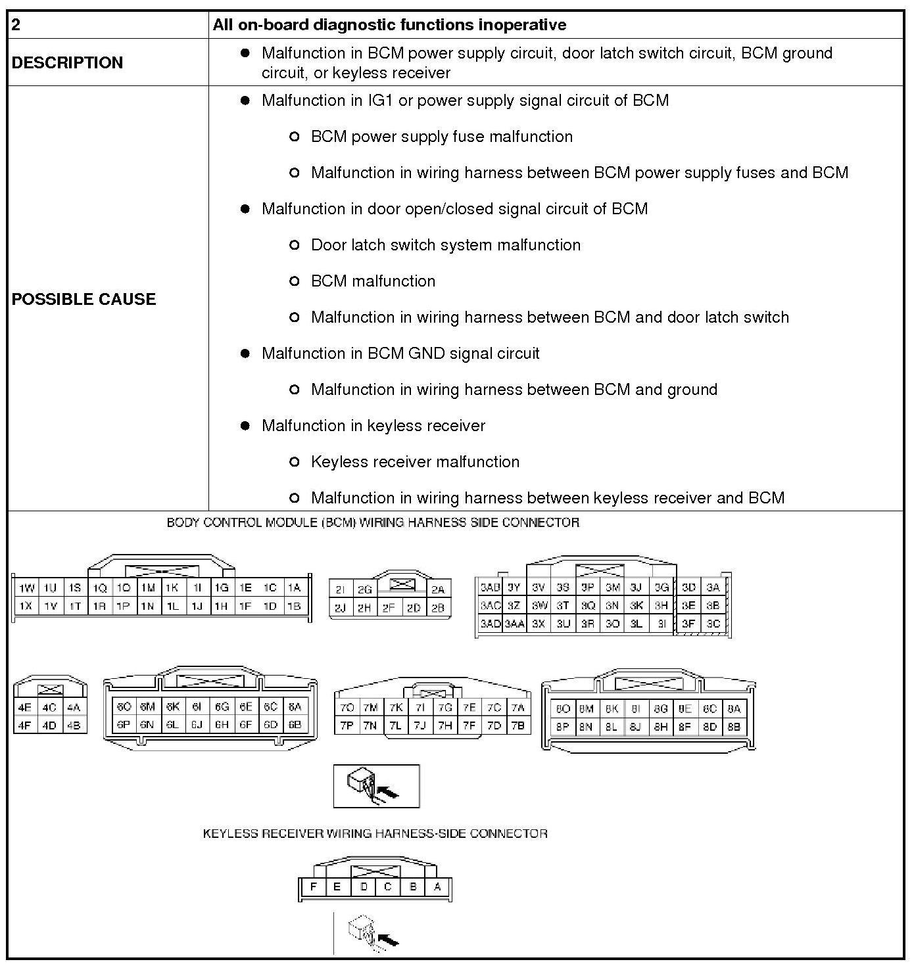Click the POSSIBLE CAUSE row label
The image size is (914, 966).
pos(84,299)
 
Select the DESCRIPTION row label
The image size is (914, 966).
pos(67,62)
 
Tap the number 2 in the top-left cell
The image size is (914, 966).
pos(16,25)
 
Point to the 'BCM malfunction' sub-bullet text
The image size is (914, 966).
pos(373,281)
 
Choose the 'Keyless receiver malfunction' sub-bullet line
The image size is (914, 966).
pos(415,462)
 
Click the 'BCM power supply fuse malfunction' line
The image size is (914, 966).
pos(441,137)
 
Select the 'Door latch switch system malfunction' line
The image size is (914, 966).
pos(446,245)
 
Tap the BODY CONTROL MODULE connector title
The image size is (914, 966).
pos(373,523)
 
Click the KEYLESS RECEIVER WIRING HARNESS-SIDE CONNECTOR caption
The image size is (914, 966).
pos(375,834)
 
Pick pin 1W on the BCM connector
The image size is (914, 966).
pos(26,588)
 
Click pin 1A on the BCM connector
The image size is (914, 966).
pos(294,588)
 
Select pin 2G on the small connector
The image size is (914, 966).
pos(364,590)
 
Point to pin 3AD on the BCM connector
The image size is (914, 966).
pos(490,624)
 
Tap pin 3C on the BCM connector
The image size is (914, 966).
pos(713,624)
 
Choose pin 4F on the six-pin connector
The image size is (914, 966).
pos(25,726)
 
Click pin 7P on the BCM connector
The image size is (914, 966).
pos(347,726)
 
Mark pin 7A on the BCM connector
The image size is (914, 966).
pos(518,708)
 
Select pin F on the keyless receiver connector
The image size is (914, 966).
pos(314,887)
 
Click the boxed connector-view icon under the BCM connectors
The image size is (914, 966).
pos(376,786)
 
